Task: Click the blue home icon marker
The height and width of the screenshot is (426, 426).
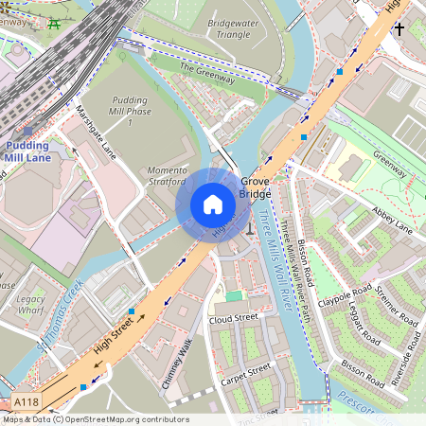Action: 213,204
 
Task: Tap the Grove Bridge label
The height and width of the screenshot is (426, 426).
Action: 256,187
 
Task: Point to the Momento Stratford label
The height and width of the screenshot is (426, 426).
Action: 168,177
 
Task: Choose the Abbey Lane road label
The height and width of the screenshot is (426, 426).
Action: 393,219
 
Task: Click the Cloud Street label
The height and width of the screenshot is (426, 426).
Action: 234,318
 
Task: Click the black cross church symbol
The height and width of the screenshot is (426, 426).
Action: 399,29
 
